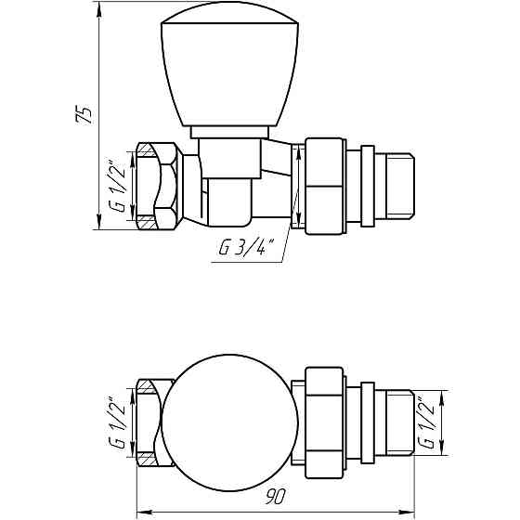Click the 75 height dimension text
(84, 116)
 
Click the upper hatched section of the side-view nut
(149, 149)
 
